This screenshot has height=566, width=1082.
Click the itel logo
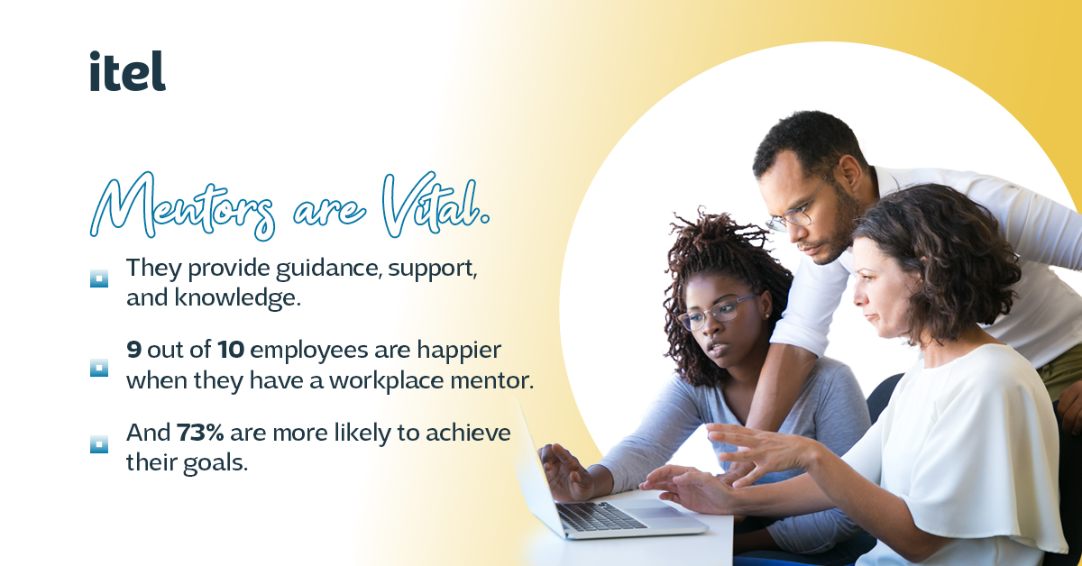(127, 71)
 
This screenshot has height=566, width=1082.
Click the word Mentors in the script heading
(183, 206)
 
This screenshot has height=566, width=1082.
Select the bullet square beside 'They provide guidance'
(99, 278)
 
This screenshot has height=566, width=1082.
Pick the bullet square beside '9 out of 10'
(99, 368)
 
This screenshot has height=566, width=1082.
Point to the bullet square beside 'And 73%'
(99, 444)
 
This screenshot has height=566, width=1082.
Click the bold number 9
(133, 350)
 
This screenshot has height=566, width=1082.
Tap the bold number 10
(231, 350)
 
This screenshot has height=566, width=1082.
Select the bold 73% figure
(200, 433)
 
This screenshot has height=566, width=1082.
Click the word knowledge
(238, 298)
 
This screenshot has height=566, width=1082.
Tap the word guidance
(325, 269)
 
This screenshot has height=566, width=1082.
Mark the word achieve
(468, 433)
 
